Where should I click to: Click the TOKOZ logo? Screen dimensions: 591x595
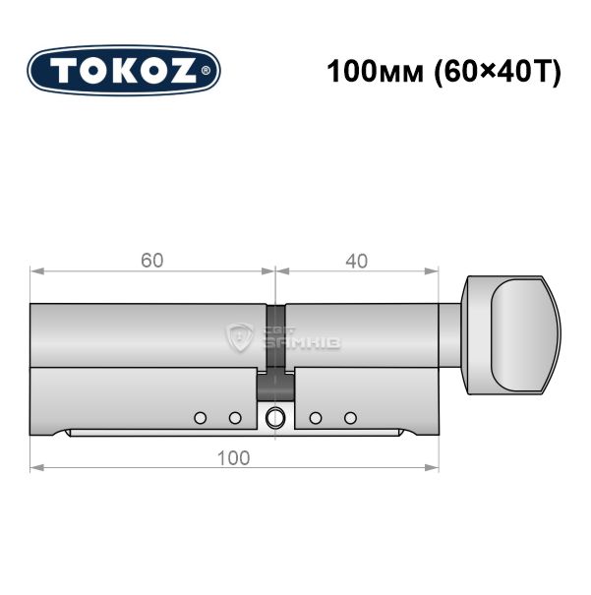click(x=124, y=71)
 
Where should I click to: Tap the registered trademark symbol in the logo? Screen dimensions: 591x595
click(x=206, y=71)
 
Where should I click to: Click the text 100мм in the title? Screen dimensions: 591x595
click(x=375, y=72)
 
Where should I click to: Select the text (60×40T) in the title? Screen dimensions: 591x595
click(x=498, y=72)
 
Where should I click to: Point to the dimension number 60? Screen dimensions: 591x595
click(x=152, y=261)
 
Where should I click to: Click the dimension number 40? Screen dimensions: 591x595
click(x=357, y=261)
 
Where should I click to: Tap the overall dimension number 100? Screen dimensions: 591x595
click(x=234, y=458)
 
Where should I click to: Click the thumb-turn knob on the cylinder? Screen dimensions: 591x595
click(x=511, y=335)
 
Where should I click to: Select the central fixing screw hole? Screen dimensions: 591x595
click(x=274, y=418)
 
